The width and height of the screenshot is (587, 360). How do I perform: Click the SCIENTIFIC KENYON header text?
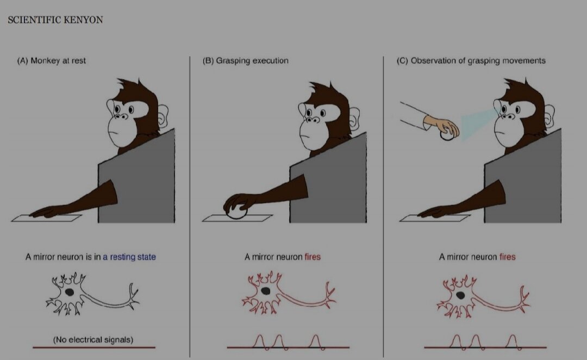(55, 20)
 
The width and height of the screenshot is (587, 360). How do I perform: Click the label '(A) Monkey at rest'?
(51, 61)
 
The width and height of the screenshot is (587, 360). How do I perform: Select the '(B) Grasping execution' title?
(246, 61)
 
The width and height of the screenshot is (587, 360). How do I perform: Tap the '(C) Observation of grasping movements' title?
(471, 61)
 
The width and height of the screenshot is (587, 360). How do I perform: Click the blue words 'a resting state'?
(129, 257)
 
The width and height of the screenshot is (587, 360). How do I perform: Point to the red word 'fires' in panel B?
(313, 257)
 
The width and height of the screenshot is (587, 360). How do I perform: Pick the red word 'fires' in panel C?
(508, 257)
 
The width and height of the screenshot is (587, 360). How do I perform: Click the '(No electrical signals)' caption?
(93, 340)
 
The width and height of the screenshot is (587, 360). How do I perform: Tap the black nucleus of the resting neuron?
(69, 291)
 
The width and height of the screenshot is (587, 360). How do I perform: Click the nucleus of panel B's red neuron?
(265, 291)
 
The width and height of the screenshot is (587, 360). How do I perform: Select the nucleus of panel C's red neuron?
(460, 295)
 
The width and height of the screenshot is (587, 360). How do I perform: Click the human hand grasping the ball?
(442, 126)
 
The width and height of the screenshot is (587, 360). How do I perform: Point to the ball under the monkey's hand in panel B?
(236, 213)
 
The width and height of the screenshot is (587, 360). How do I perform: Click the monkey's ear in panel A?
(163, 115)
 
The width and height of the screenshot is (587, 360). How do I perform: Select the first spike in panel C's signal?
(456, 342)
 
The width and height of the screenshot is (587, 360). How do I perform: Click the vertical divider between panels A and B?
(190, 207)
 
